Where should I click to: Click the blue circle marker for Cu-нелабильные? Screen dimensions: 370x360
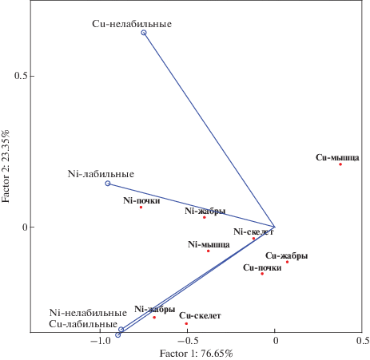pyautogui.click(x=144, y=33)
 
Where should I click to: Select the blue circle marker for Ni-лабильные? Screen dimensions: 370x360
pyautogui.click(x=108, y=184)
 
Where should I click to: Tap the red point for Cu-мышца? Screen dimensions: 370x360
pyautogui.click(x=340, y=164)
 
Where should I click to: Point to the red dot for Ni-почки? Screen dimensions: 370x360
pyautogui.click(x=141, y=208)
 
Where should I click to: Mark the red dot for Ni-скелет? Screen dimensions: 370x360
pyautogui.click(x=253, y=239)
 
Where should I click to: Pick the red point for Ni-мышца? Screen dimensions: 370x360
pyautogui.click(x=209, y=251)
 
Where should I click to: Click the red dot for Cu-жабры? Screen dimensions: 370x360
pyautogui.click(x=287, y=262)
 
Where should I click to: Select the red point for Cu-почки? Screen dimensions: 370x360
pyautogui.click(x=262, y=274)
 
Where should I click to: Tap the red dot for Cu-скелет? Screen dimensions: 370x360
pyautogui.click(x=186, y=323)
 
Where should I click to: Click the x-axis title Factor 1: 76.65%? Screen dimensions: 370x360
pyautogui.click(x=197, y=354)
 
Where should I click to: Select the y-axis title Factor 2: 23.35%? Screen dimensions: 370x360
pyautogui.click(x=6, y=166)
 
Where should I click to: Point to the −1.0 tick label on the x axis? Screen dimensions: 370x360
pyautogui.click(x=101, y=341)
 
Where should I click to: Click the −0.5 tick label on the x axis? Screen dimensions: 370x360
pyautogui.click(x=187, y=341)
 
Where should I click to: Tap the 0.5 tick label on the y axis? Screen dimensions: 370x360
pyautogui.click(x=21, y=76)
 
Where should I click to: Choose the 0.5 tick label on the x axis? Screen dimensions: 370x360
pyautogui.click(x=363, y=341)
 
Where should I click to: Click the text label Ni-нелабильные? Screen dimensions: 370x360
pyautogui.click(x=88, y=313)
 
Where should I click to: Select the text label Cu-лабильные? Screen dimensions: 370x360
pyautogui.click(x=83, y=324)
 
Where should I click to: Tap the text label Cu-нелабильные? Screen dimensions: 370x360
pyautogui.click(x=132, y=24)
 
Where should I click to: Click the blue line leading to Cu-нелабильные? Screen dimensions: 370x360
pyautogui.click(x=209, y=130)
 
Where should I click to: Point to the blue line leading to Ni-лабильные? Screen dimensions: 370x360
pyautogui.click(x=191, y=205)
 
